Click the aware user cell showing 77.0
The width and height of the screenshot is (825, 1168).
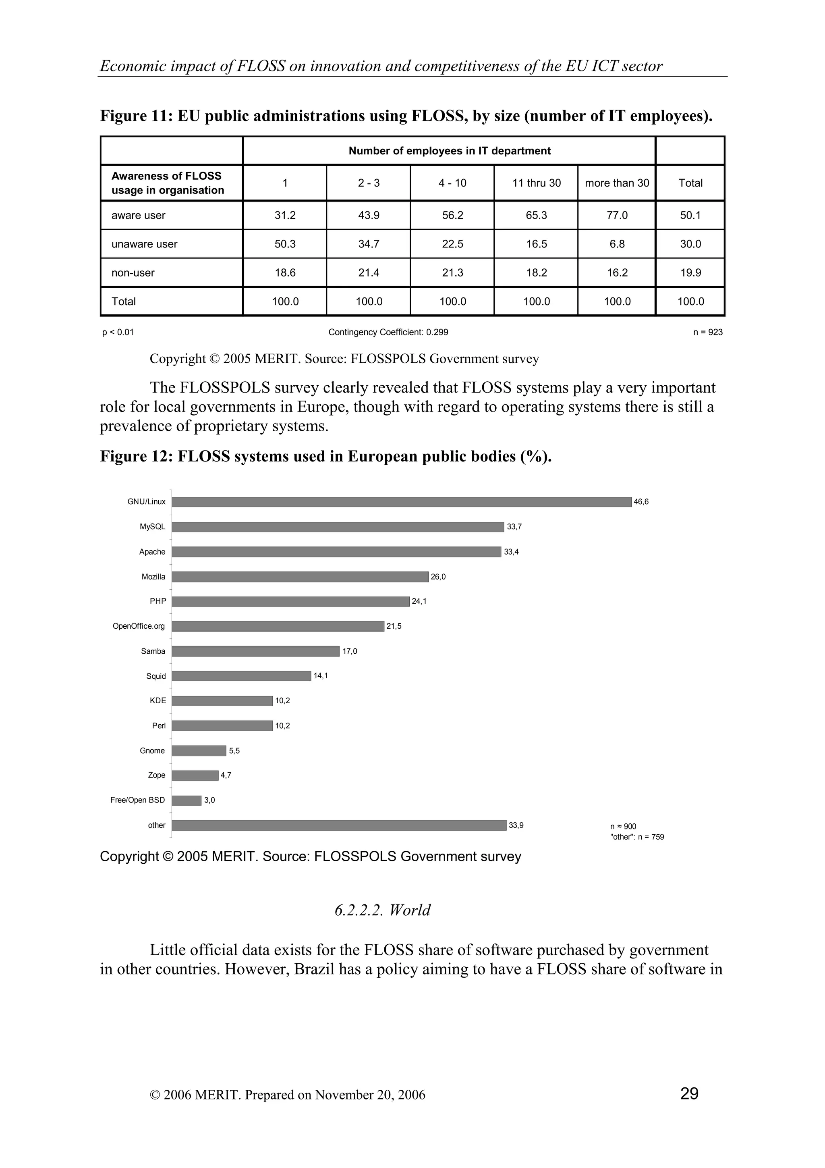[x=617, y=215]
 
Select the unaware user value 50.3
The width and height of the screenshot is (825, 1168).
[x=285, y=244]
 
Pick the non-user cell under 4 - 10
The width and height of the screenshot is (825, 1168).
[x=452, y=273]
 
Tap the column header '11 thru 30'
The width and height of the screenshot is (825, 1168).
[x=536, y=183]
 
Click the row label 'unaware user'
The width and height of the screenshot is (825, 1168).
[x=144, y=244]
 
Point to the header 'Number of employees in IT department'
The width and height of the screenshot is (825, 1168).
[x=449, y=151]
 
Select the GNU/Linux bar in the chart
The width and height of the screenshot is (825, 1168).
[x=401, y=502]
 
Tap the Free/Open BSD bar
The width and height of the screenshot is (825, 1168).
[x=186, y=800]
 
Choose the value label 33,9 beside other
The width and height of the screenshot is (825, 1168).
[x=516, y=825]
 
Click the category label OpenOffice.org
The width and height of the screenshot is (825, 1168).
[x=139, y=626]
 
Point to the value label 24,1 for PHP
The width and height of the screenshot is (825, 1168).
[x=419, y=601]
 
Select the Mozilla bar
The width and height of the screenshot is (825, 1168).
[x=300, y=577]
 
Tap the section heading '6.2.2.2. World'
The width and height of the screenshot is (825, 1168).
[x=382, y=910]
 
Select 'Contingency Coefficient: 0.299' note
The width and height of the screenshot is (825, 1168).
[x=388, y=332]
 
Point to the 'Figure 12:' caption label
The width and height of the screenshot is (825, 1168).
[x=136, y=456]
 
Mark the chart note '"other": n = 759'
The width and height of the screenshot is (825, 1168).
[x=636, y=837]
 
